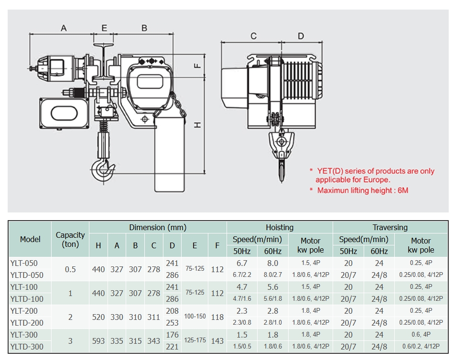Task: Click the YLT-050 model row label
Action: (x=24, y=263)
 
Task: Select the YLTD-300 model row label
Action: (x=27, y=347)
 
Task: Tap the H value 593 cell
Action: (x=98, y=341)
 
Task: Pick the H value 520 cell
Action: (x=98, y=317)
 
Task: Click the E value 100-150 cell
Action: (x=195, y=317)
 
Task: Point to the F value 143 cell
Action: (x=217, y=341)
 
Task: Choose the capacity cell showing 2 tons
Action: (x=70, y=317)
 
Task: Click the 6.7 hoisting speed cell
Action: (x=242, y=263)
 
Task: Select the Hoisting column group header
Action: (x=280, y=227)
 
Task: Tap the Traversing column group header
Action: (x=390, y=227)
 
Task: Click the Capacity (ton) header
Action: (x=70, y=239)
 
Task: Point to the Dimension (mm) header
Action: (x=158, y=227)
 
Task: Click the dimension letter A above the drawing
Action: (x=64, y=28)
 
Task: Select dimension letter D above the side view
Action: (x=301, y=36)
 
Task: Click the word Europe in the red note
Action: (x=376, y=180)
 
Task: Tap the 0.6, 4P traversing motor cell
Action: (x=421, y=335)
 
